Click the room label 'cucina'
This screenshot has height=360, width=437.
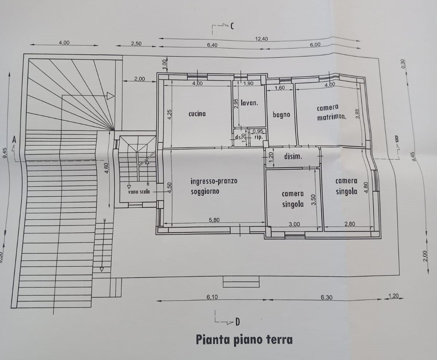click(x=197, y=114)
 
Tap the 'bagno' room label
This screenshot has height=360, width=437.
click(x=282, y=115)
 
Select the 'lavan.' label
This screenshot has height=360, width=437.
click(x=249, y=103)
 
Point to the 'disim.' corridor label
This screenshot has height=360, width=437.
click(x=293, y=157)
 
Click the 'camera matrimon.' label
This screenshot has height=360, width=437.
click(x=331, y=112)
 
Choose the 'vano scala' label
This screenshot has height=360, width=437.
click(x=139, y=192)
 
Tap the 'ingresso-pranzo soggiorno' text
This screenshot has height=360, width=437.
click(x=214, y=186)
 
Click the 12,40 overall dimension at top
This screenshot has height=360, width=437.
click(x=261, y=39)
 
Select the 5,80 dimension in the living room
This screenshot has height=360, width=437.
click(x=214, y=220)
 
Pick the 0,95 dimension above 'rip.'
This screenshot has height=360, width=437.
click(x=258, y=131)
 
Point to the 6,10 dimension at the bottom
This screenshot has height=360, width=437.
click(x=212, y=297)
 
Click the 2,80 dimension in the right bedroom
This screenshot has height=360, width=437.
click(x=350, y=224)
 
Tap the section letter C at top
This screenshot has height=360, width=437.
click(x=232, y=26)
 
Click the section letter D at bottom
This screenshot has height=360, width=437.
click(x=237, y=322)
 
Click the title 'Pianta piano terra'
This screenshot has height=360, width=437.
click(x=244, y=340)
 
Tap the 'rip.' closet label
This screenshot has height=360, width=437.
click(x=259, y=137)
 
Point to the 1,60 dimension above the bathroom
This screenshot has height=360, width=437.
click(x=280, y=88)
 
